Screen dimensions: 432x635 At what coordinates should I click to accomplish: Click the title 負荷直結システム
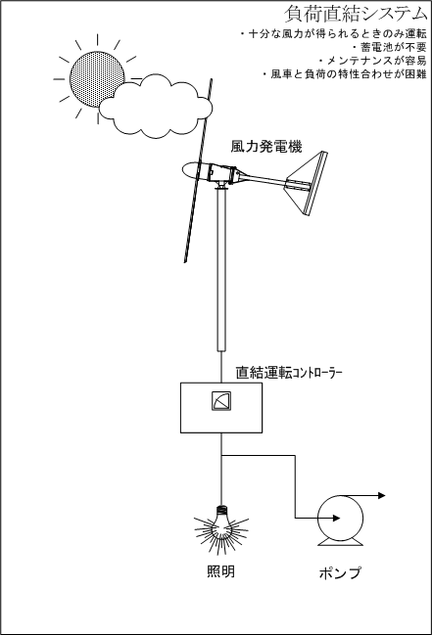click(356, 14)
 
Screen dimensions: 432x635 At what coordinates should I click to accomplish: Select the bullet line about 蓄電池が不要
click(389, 47)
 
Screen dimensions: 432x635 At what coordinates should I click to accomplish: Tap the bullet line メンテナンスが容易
click(372, 61)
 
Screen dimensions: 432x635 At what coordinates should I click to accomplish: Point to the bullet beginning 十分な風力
click(333, 34)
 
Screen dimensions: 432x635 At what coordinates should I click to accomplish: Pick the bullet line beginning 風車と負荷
click(344, 74)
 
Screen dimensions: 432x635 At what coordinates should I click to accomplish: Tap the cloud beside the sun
click(156, 106)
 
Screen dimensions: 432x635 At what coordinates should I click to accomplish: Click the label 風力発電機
click(266, 146)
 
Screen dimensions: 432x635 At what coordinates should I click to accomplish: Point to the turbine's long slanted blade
click(198, 170)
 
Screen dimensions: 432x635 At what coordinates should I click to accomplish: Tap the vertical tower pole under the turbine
click(221, 270)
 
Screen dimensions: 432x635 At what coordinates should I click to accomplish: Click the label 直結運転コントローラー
click(289, 373)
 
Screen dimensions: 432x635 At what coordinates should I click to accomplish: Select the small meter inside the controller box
click(221, 401)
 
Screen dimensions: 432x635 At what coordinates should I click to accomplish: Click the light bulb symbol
click(221, 528)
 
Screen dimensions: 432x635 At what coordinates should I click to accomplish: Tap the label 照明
click(220, 571)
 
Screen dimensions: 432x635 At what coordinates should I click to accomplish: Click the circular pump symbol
click(340, 520)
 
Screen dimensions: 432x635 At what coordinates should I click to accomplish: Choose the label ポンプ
click(340, 572)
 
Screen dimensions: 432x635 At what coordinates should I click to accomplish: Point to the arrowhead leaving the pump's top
click(381, 495)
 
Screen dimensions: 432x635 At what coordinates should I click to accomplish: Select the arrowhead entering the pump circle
click(336, 518)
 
